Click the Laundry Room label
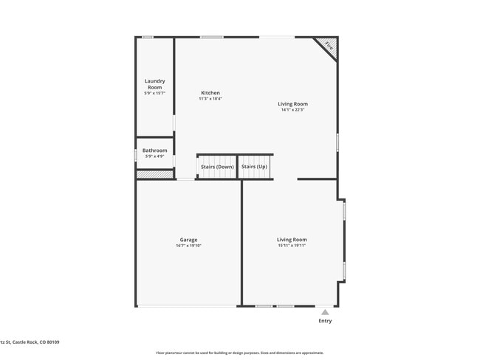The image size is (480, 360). pyautogui.click(x=154, y=84)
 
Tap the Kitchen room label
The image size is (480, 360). pyautogui.click(x=210, y=93)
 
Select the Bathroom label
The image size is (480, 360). pyautogui.click(x=155, y=150)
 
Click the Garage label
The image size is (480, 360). pyautogui.click(x=188, y=240)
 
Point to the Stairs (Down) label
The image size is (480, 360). pyautogui.click(x=217, y=167)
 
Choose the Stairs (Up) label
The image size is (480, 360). pyautogui.click(x=254, y=167)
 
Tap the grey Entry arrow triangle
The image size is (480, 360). pyautogui.click(x=325, y=312)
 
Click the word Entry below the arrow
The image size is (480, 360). pyautogui.click(x=325, y=321)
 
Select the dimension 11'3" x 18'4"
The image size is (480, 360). pyautogui.click(x=210, y=99)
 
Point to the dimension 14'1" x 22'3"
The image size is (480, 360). pyautogui.click(x=293, y=111)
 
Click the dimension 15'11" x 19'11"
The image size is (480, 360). pyautogui.click(x=292, y=246)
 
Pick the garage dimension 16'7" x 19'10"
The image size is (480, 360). pyautogui.click(x=188, y=246)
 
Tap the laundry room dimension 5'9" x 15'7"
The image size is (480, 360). pyautogui.click(x=154, y=93)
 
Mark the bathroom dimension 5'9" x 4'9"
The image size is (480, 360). pyautogui.click(x=155, y=156)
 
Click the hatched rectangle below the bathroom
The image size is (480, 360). pyautogui.click(x=154, y=175)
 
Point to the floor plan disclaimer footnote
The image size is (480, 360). pyautogui.click(x=239, y=353)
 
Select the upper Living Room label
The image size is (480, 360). pyautogui.click(x=292, y=104)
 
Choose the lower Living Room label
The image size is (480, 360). pyautogui.click(x=292, y=240)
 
